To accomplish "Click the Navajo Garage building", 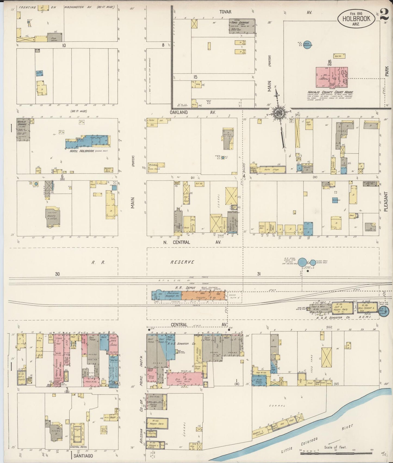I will point(23,129).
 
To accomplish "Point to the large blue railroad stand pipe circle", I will point(302,262).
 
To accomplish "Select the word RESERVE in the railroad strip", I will point(182,262).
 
